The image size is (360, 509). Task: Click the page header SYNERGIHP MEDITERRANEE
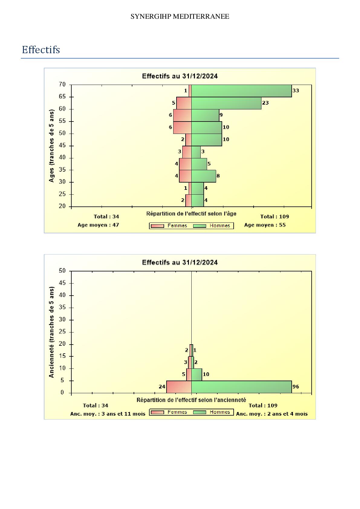click(x=180, y=17)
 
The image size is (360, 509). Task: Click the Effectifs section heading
click(x=41, y=50)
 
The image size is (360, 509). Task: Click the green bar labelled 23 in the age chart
click(x=226, y=103)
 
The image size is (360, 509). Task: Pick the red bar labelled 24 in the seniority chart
click(x=179, y=387)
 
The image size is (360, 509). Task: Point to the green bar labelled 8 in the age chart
click(x=203, y=176)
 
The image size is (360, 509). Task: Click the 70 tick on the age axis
click(x=62, y=84)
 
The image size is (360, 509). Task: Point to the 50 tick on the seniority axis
click(x=62, y=271)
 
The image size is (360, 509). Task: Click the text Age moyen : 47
click(x=98, y=225)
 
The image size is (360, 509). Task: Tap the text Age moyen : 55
click(x=265, y=225)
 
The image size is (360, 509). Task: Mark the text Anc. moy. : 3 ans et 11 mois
click(x=108, y=414)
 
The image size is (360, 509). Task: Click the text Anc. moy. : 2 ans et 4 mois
click(x=272, y=414)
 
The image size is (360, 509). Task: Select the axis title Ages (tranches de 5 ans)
click(x=51, y=145)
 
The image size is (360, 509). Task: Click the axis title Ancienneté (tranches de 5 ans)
click(x=51, y=332)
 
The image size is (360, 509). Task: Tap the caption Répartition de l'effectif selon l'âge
click(x=191, y=214)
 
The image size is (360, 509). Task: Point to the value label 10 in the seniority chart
click(x=206, y=374)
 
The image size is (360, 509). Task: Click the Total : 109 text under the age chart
click(x=274, y=216)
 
